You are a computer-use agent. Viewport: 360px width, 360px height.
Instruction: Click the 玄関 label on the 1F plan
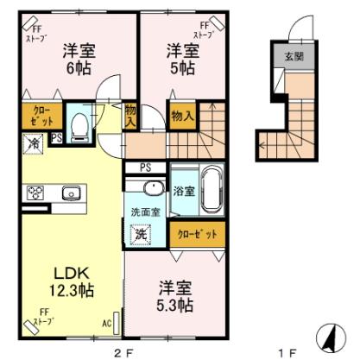tap(288, 58)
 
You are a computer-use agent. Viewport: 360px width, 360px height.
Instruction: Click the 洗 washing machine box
tap(139, 233)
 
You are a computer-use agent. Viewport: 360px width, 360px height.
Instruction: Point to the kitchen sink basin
tap(70, 193)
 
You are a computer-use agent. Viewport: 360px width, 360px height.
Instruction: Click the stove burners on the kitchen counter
tap(37, 193)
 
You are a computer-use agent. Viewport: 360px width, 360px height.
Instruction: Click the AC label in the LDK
tap(108, 324)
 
